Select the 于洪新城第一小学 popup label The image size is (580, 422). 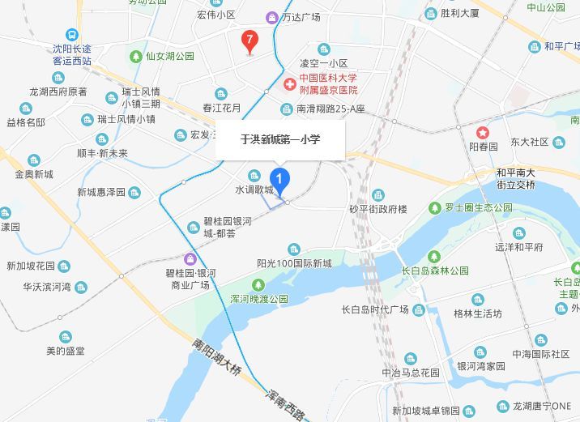tap(280, 139)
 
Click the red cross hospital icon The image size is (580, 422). tap(288, 83)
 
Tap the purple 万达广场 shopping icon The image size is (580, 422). tap(272, 17)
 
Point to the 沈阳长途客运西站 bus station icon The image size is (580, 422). tap(71, 36)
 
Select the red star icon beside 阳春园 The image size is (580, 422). tap(483, 132)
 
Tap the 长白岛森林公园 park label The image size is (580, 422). tap(436, 271)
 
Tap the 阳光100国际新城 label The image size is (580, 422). tap(294, 263)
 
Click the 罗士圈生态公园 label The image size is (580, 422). tap(478, 207)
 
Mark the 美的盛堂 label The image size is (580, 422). tap(66, 351)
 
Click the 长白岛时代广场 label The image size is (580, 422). tap(375, 310)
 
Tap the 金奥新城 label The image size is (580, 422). tap(33, 174)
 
